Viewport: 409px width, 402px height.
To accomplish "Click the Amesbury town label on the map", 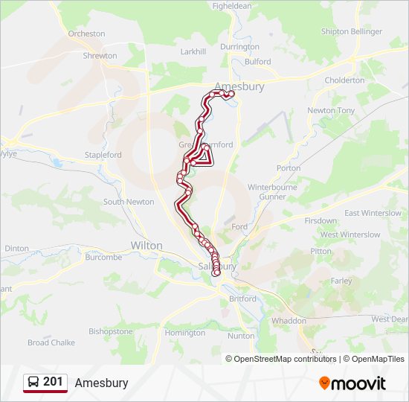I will pos(239,86).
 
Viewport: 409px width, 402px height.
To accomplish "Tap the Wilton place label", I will pos(146,245).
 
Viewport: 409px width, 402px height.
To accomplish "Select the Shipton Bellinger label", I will pos(351,31).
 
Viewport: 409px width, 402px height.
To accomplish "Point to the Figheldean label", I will pos(232,5).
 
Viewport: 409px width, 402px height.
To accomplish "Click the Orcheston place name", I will pos(86,33).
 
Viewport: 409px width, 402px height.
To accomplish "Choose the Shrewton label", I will pos(100,56).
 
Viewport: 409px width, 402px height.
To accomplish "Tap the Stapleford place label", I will pos(103,155).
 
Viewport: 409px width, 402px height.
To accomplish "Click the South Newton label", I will pos(129,202).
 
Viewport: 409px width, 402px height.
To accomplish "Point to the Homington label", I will pos(184,333).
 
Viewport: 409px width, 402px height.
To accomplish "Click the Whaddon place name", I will pos(289,321).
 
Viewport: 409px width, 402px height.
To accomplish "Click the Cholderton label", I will pos(344,80).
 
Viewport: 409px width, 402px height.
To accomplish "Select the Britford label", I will pos(242,299).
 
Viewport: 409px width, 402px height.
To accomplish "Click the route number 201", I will pos(53,382).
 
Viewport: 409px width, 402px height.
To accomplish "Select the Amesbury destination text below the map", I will pos(101,383).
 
